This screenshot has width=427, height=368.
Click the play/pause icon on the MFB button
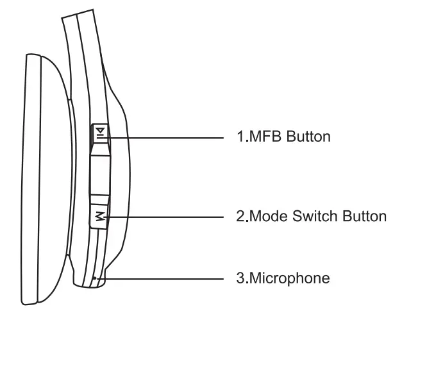pyautogui.click(x=99, y=133)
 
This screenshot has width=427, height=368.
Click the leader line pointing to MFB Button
pyautogui.click(x=167, y=137)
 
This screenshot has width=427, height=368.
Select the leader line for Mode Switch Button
pyautogui.click(x=167, y=217)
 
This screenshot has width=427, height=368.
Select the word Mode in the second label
pyautogui.click(x=269, y=217)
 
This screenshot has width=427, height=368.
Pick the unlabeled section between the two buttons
pyautogui.click(x=100, y=173)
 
